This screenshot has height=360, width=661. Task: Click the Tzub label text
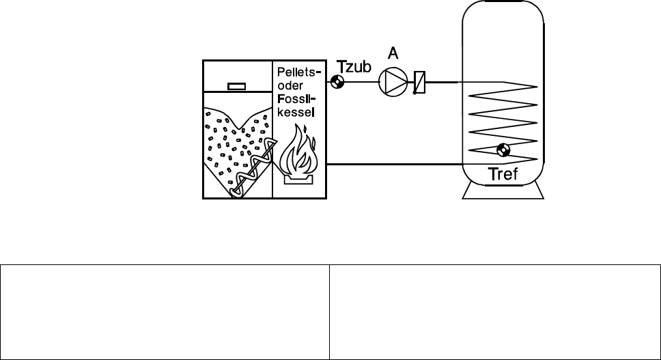tap(354, 67)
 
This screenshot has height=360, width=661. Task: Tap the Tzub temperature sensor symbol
tap(337, 83)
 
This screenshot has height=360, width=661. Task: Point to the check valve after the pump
tap(419, 83)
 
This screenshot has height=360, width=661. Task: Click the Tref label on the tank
tap(504, 175)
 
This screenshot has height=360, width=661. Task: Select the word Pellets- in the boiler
tap(296, 72)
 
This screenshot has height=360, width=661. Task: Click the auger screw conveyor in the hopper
tap(253, 168)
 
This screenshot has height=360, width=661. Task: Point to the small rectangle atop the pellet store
tap(236, 86)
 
